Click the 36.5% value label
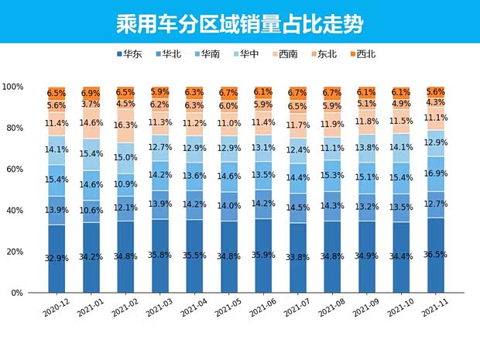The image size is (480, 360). click(436, 254)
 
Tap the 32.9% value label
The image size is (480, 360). click(57, 258)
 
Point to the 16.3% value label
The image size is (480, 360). click(125, 125)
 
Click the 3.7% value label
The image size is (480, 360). click(91, 104)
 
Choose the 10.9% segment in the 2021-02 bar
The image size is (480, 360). click(125, 184)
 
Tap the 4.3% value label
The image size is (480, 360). click(436, 102)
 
